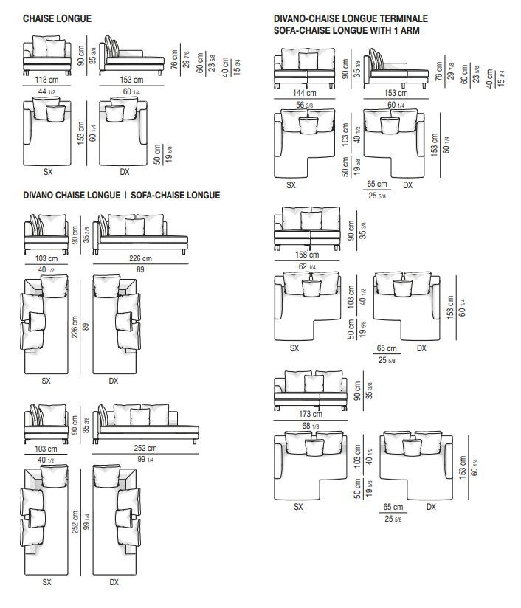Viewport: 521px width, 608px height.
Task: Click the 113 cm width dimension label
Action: point(46,80)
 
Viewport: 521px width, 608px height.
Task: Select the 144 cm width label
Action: point(304,93)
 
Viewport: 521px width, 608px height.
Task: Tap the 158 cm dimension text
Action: point(307,255)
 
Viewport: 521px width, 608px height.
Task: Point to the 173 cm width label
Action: point(311,414)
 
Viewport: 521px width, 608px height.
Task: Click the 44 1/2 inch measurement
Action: point(46,91)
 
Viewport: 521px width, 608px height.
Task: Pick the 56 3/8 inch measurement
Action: point(305,105)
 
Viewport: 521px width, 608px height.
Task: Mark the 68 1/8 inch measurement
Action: point(311,426)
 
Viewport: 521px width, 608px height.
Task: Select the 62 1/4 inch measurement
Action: point(307,266)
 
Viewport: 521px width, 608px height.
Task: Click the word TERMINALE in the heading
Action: point(404,18)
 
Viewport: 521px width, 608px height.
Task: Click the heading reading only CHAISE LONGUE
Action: point(57,18)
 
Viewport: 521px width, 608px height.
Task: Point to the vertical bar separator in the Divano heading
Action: point(125,195)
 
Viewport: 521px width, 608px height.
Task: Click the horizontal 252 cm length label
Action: point(145,448)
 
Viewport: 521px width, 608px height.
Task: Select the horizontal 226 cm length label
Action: point(140,258)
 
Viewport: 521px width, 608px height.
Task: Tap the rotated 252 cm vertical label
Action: point(75,522)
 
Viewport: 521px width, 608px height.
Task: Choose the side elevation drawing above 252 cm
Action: point(146,424)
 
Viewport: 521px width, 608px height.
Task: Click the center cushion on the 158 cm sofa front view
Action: point(311,221)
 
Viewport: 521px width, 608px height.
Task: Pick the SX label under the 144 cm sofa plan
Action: point(291,185)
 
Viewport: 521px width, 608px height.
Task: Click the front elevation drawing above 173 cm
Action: point(311,390)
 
